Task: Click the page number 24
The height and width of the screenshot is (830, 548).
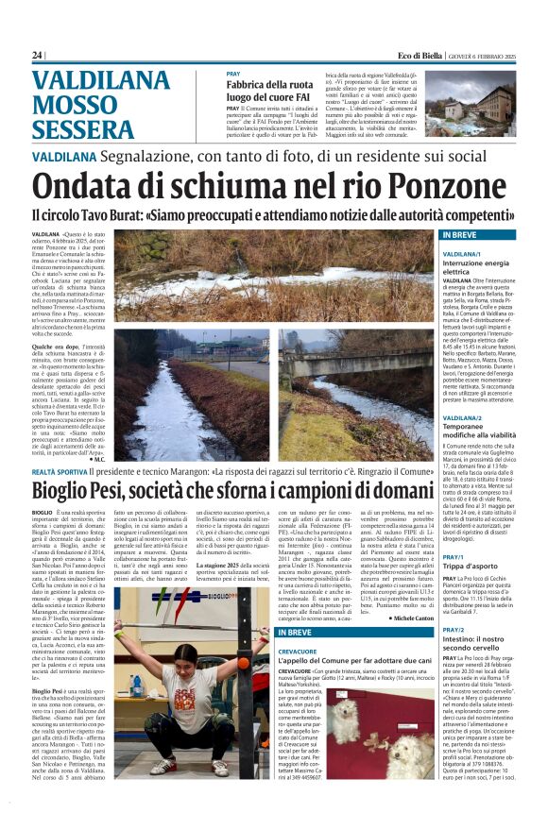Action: [37, 55]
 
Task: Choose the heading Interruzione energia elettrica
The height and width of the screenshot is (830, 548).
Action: [476, 267]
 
